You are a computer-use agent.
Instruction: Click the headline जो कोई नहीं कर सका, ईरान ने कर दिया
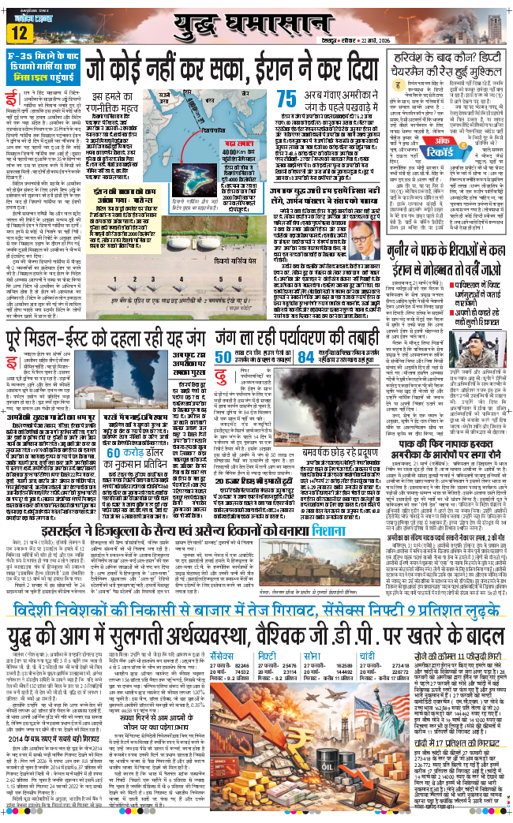click(230, 65)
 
